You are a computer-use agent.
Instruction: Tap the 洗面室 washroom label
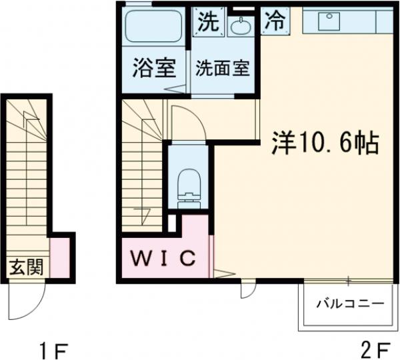(223, 69)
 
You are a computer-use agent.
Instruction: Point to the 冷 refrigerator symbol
(274, 21)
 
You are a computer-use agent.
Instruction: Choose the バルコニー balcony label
(349, 303)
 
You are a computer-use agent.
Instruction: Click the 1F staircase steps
(27, 173)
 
